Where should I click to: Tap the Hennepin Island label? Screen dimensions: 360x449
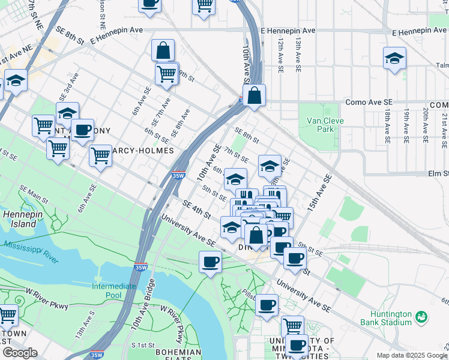coord(20,218)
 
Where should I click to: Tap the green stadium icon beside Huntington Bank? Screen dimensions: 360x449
coord(421,316)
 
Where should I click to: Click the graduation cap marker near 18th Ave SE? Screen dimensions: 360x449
coord(394,59)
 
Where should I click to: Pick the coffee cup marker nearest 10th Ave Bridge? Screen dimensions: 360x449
coord(210,262)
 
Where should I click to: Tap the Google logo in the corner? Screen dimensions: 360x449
coord(19,352)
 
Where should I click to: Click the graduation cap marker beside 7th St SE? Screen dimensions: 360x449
coord(270,165)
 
